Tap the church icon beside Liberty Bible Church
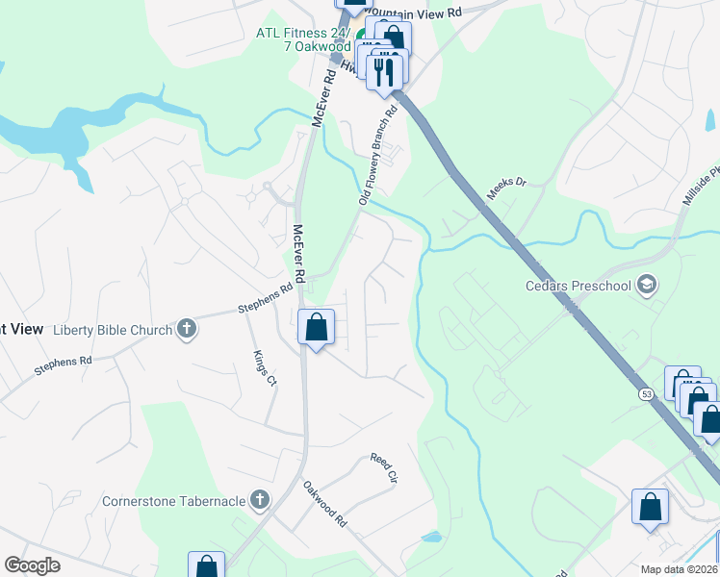click(188, 330)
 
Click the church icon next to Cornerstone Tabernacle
click(258, 500)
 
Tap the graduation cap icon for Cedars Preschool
click(647, 285)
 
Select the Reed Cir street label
click(383, 467)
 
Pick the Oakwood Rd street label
click(325, 504)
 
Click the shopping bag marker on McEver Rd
click(316, 328)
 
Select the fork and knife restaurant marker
click(385, 69)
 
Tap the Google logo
click(32, 565)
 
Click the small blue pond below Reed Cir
click(431, 537)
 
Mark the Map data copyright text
click(680, 569)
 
